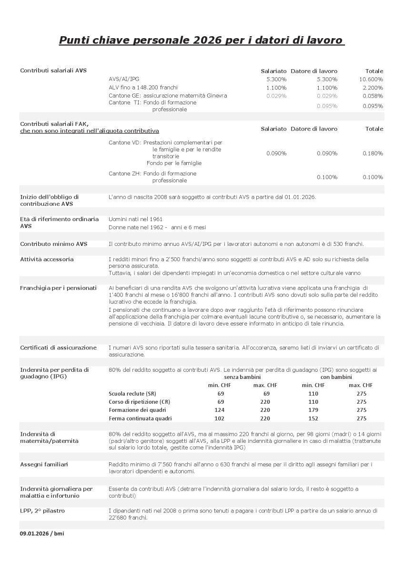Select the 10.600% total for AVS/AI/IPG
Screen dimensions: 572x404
click(371, 79)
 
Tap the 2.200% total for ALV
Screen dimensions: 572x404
click(373, 88)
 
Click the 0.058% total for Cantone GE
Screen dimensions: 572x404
click(373, 96)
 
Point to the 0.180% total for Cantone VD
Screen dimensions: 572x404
click(373, 153)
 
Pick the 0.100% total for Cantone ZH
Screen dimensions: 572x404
click(373, 177)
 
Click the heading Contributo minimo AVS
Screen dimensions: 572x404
click(54, 244)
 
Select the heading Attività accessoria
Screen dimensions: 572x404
click(47, 259)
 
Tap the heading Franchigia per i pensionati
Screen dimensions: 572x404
click(58, 288)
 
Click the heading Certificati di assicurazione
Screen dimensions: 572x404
click(58, 347)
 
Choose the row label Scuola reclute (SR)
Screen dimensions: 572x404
click(132, 393)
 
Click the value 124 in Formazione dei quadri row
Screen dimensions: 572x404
click(219, 410)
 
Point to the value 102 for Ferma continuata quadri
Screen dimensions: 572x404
click(219, 419)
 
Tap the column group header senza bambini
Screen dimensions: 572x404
click(241, 377)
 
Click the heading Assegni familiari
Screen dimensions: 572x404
click(44, 464)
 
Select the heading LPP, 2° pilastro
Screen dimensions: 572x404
click(42, 511)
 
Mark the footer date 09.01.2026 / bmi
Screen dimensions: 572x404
click(42, 533)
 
